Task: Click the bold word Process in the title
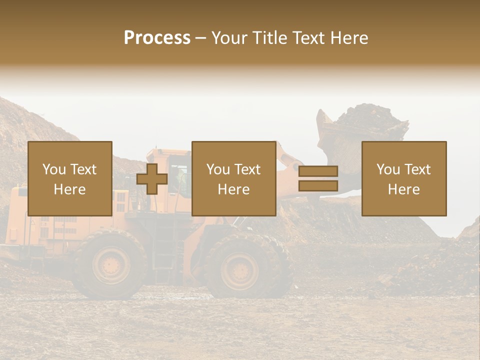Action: click(157, 38)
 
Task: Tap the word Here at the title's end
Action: click(349, 38)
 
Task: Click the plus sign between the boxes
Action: click(152, 179)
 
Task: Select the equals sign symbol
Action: click(318, 178)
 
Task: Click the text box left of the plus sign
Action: click(69, 178)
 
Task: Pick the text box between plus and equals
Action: click(233, 178)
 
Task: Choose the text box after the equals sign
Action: click(403, 178)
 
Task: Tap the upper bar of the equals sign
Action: click(318, 171)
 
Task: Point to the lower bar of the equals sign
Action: click(318, 185)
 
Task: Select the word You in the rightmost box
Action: click(387, 169)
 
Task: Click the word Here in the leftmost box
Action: click(69, 189)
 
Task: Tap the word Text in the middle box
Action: click(247, 169)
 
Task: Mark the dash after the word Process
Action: click(200, 38)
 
